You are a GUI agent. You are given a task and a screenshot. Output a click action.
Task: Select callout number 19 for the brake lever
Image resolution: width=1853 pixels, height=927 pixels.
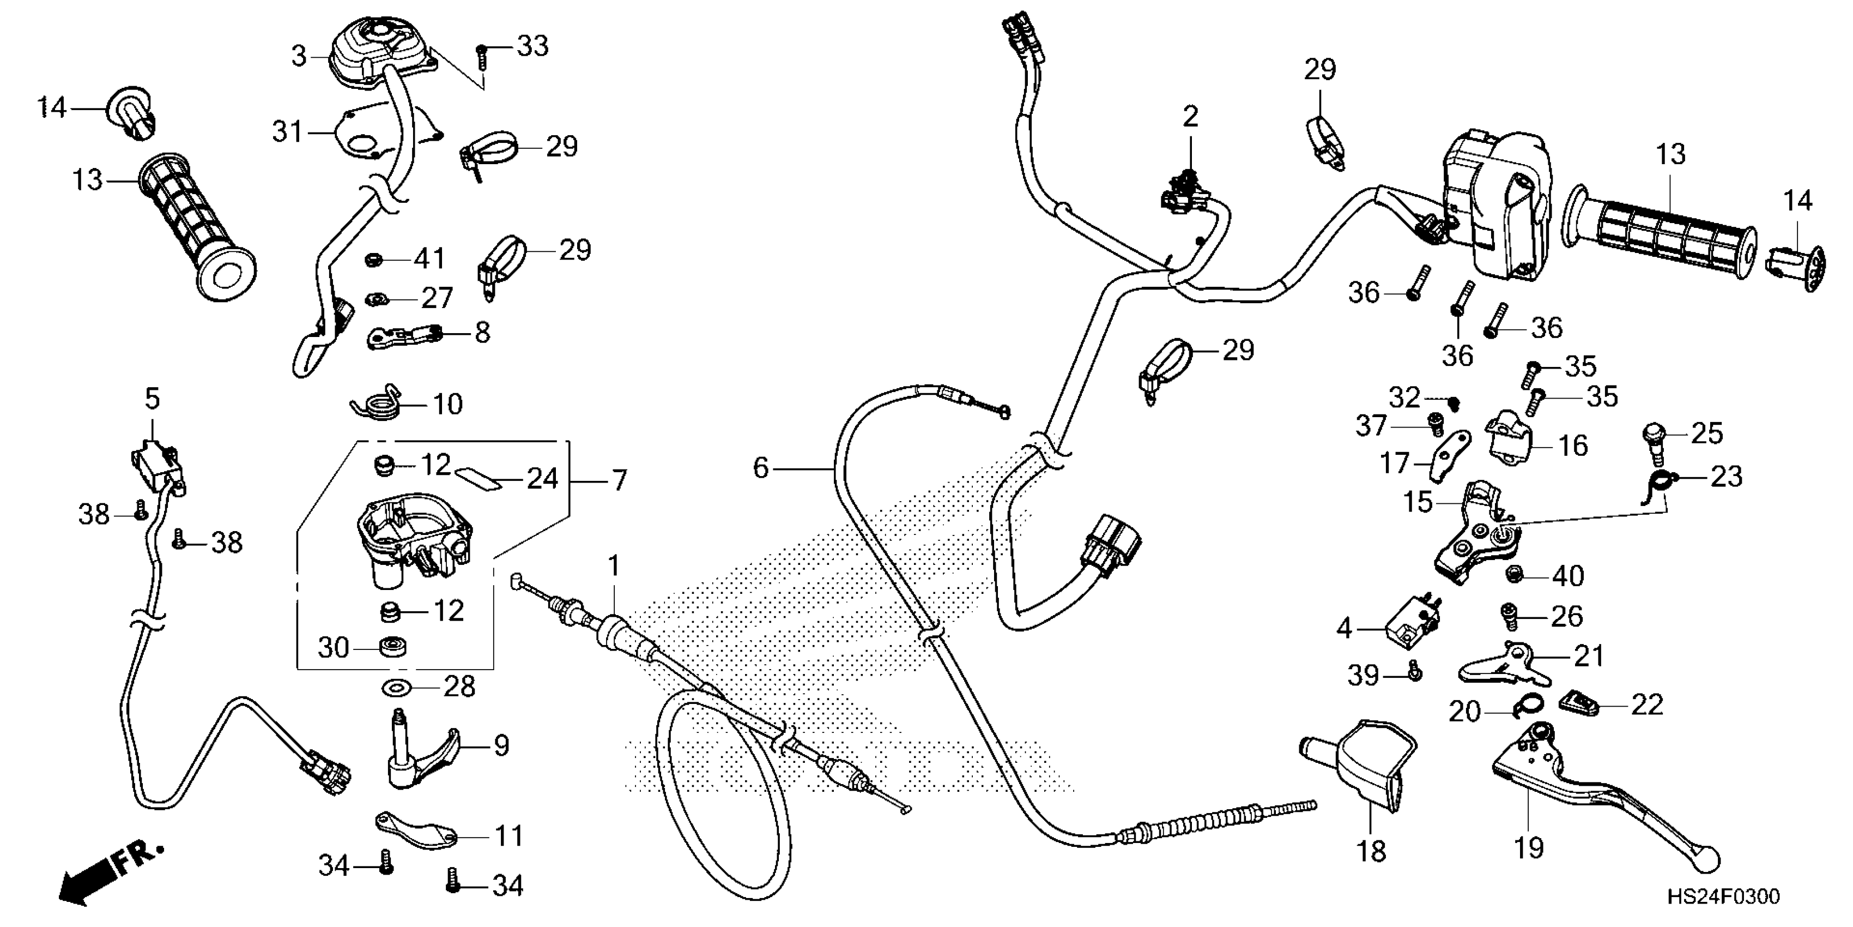coord(1529,848)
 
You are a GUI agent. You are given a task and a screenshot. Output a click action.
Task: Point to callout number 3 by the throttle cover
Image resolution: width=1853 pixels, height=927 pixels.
coord(299,56)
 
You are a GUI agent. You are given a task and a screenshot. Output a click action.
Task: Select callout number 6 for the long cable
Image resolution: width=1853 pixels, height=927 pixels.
coord(761,468)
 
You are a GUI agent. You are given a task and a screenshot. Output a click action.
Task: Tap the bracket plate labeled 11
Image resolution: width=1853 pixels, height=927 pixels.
coord(419,832)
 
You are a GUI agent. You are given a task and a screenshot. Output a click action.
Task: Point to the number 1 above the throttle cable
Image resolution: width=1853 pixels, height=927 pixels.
coord(613,567)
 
